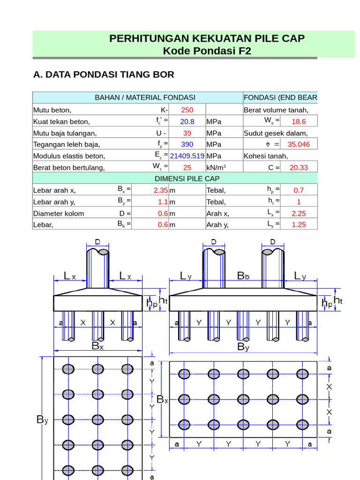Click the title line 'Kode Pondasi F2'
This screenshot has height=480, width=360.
click(x=207, y=51)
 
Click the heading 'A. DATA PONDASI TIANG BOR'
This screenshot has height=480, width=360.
click(x=104, y=74)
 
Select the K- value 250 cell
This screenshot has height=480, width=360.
click(x=187, y=110)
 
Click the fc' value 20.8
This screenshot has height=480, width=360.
click(x=187, y=121)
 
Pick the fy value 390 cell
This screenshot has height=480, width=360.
click(x=187, y=144)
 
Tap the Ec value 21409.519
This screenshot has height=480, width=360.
click(x=187, y=156)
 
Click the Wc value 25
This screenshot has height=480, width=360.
click(x=187, y=167)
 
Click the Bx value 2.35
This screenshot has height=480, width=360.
click(x=160, y=190)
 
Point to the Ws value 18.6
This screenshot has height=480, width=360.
click(x=299, y=121)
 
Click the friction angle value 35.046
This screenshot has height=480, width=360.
click(x=299, y=144)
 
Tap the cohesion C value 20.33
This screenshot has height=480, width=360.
click(x=299, y=167)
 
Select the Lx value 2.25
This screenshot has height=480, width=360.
click(x=299, y=213)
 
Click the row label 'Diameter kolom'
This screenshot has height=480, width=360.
click(x=59, y=213)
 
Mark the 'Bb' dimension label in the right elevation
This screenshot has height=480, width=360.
click(x=243, y=277)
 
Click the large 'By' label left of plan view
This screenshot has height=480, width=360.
click(x=42, y=420)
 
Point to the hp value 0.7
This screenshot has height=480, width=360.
click(x=299, y=190)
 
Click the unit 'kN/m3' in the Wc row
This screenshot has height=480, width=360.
click(x=216, y=167)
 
